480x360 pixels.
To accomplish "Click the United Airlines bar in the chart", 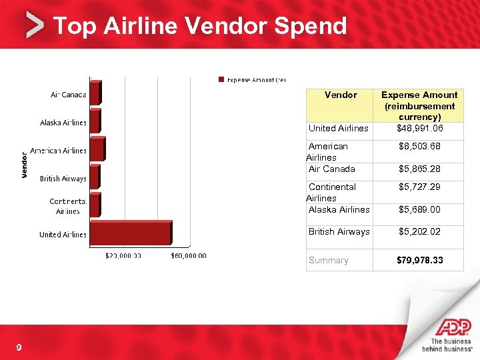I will pyautogui.click(x=130, y=234).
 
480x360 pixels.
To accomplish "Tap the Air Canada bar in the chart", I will pyautogui.click(x=95, y=94).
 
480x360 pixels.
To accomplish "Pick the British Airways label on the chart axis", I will pyautogui.click(x=63, y=179).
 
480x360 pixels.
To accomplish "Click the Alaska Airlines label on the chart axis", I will pyautogui.click(x=63, y=123).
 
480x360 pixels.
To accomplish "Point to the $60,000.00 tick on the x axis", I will pyautogui.click(x=189, y=255).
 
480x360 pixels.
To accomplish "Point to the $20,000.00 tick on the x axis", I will pyautogui.click(x=124, y=255).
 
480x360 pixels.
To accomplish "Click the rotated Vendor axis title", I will pyautogui.click(x=25, y=164).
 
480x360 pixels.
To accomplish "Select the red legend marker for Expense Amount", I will pyautogui.click(x=222, y=80).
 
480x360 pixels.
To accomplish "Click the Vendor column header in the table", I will pyautogui.click(x=340, y=95).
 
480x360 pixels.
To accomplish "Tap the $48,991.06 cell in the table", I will pyautogui.click(x=419, y=128).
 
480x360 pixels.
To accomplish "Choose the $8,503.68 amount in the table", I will pyautogui.click(x=419, y=146).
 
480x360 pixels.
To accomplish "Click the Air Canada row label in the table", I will pyautogui.click(x=331, y=169).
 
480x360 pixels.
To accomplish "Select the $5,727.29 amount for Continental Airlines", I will pyautogui.click(x=419, y=187).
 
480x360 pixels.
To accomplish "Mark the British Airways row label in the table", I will pyautogui.click(x=339, y=231).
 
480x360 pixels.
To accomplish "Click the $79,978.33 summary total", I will pyautogui.click(x=419, y=260).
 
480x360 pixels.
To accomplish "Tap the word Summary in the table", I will pyautogui.click(x=328, y=260).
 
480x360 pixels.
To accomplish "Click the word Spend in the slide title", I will pyautogui.click(x=313, y=26).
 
